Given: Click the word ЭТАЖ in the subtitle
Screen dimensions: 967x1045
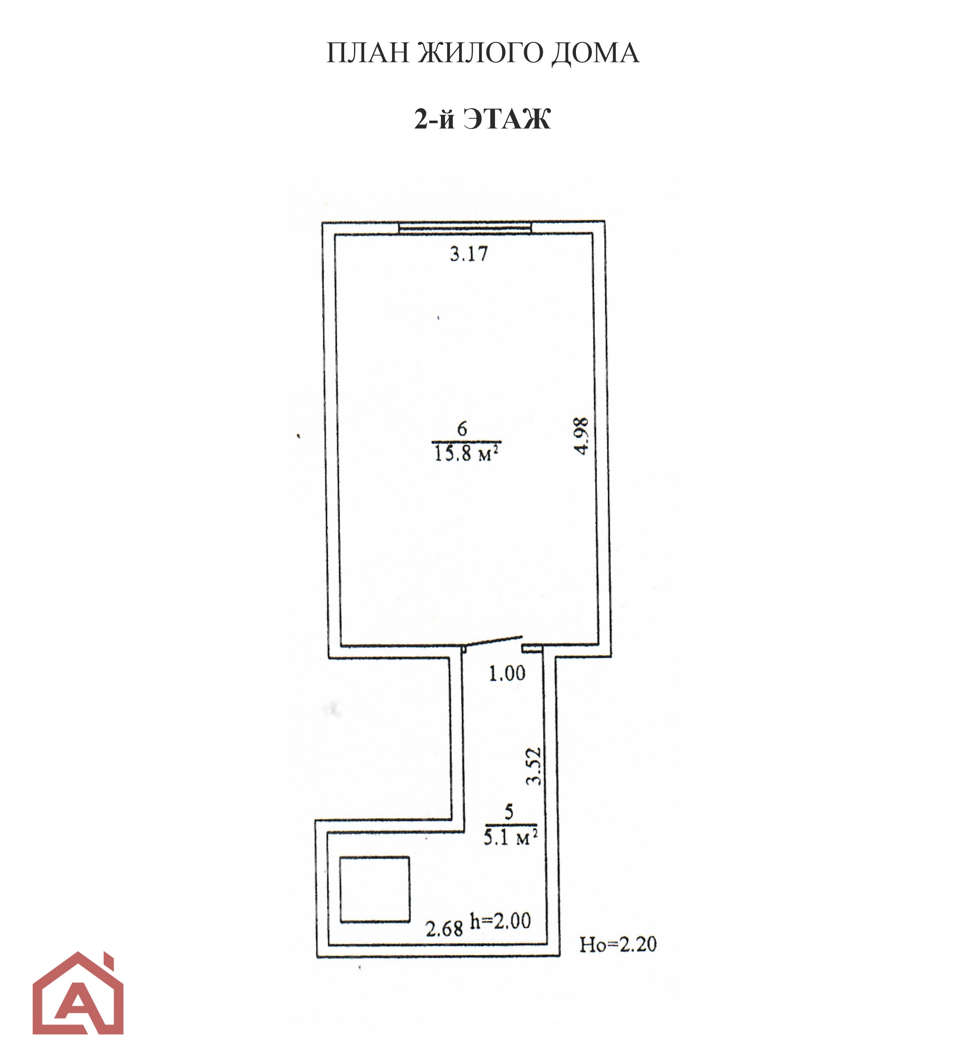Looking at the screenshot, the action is click(507, 119).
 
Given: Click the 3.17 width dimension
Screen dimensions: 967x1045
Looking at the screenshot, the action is click(469, 254).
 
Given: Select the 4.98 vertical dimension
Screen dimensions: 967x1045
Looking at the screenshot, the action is click(582, 435).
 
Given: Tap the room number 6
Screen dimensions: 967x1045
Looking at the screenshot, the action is click(462, 429).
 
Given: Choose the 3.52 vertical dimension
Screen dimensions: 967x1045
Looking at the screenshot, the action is click(533, 766).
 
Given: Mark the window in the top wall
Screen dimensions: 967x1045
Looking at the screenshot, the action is click(464, 228).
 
